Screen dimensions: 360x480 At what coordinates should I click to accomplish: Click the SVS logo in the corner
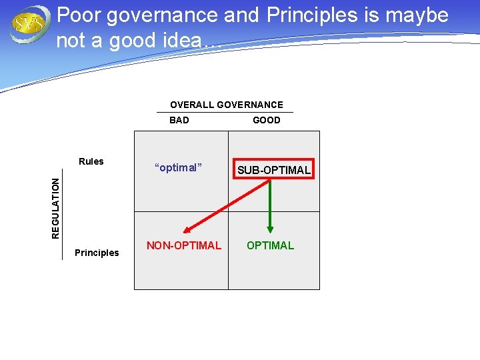28,25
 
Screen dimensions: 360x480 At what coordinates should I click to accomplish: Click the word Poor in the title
79,15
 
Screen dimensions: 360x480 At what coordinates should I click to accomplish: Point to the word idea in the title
179,41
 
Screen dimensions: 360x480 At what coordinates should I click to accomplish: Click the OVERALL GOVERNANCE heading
226,105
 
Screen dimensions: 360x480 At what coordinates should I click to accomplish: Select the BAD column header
179,121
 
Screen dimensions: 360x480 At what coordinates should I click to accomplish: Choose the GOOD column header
267,121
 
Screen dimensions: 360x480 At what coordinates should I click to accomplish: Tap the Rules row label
91,161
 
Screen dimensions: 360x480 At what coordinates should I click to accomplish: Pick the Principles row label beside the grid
97,253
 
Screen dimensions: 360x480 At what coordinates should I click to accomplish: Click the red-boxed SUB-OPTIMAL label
274,170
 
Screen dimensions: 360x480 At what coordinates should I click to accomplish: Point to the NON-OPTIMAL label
183,245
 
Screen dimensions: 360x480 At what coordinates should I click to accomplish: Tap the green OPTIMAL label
270,245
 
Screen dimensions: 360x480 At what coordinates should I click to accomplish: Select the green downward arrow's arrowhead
270,227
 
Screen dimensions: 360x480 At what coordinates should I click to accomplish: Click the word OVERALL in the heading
192,105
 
